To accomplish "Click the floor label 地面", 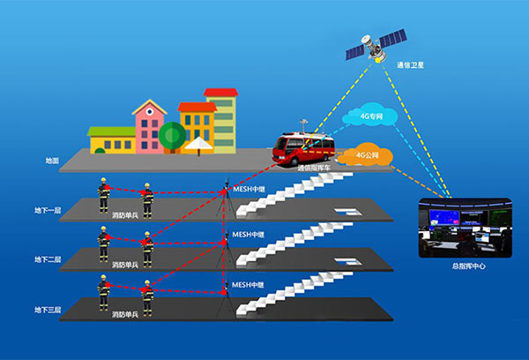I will pyautogui.click(x=52, y=161).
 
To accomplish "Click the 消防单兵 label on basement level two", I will pyautogui.click(x=124, y=264).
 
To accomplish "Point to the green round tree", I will pyautogui.click(x=172, y=135).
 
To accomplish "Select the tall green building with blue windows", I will pyautogui.click(x=222, y=118).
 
